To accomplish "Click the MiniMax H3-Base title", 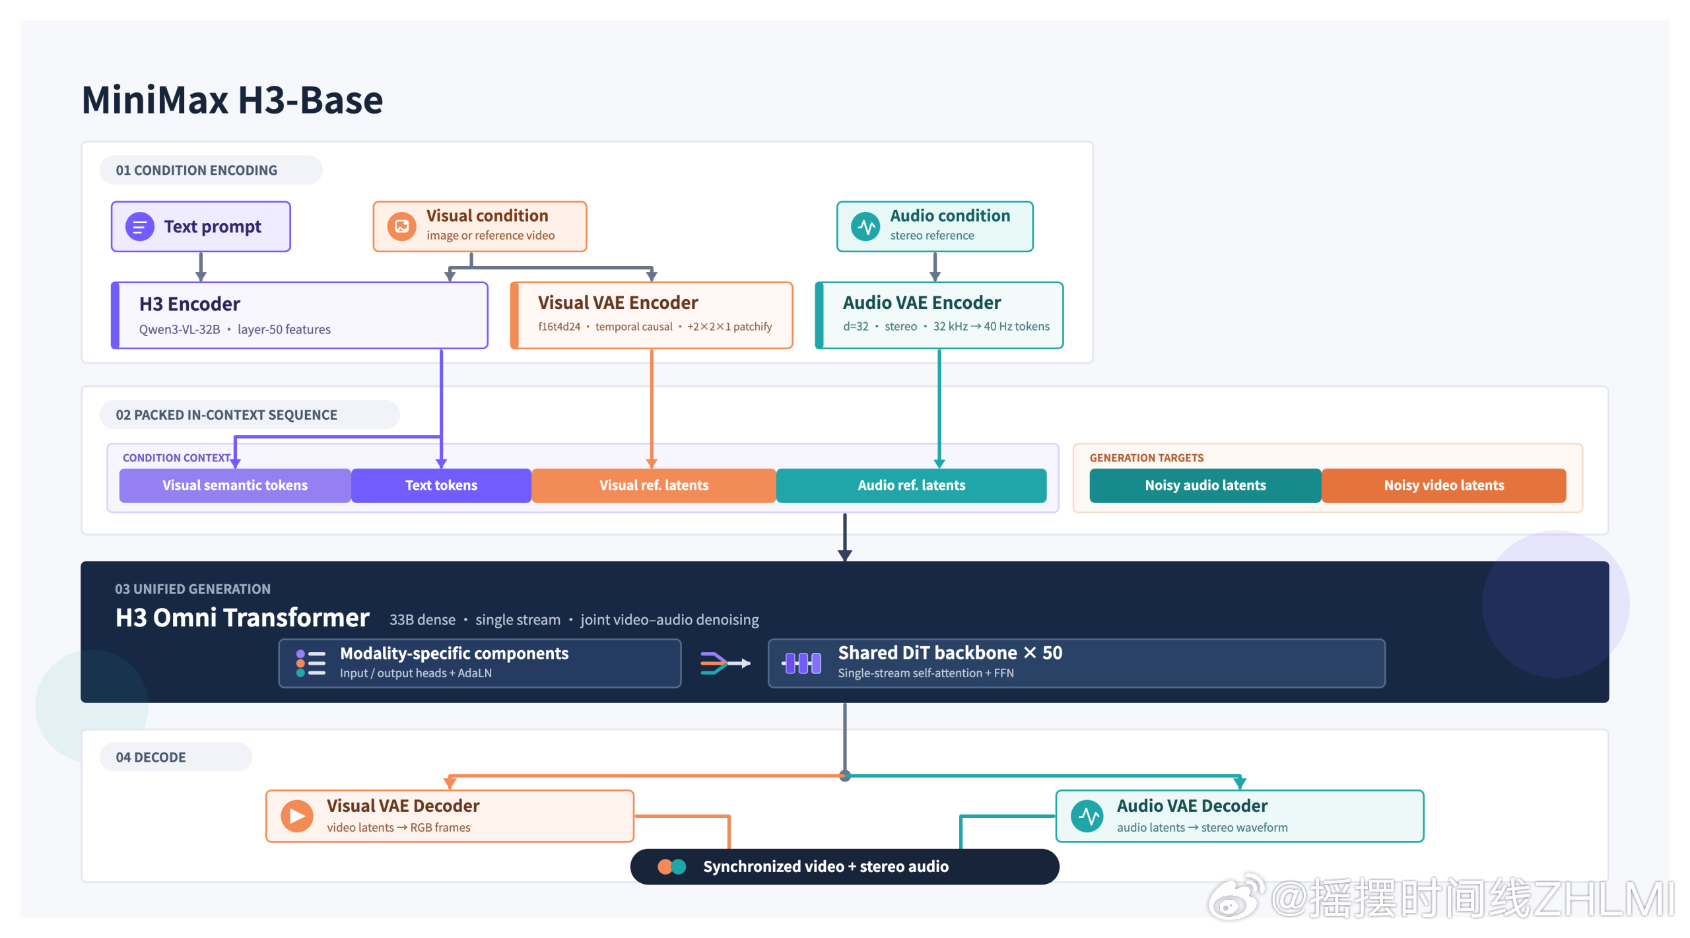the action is [232, 100].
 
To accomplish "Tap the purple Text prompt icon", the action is [140, 227].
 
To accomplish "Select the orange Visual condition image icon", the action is [401, 226].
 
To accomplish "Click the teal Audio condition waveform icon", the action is [865, 226].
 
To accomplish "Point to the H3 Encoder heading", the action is [189, 304].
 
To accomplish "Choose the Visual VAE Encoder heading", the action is [618, 302].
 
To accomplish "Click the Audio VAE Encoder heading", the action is [922, 302].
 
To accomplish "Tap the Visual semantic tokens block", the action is [235, 485].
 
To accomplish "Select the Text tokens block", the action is [441, 485].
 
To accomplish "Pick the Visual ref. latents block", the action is [654, 485].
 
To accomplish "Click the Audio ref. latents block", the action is [911, 485].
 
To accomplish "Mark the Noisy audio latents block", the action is [1205, 485].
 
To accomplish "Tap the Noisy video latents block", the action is [1444, 485].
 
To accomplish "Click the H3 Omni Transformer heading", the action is [242, 618].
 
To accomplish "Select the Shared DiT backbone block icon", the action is [802, 663].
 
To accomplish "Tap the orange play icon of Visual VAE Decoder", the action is [297, 816].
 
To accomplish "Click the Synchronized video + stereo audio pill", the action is [844, 866].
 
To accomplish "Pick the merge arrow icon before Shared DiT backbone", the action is [725, 663].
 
